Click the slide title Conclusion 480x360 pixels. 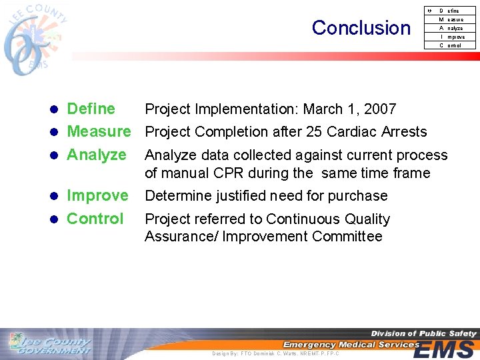361,28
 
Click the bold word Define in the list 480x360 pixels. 91,109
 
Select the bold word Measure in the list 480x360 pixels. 99,131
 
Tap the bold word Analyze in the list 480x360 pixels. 97,155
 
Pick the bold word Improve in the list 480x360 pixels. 97,195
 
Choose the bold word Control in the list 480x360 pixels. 95,219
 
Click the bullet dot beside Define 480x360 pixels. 57,109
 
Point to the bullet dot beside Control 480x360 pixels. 57,219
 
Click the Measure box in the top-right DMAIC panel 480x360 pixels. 451,19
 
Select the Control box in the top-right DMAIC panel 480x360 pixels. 451,45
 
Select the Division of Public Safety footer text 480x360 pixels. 423,333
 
